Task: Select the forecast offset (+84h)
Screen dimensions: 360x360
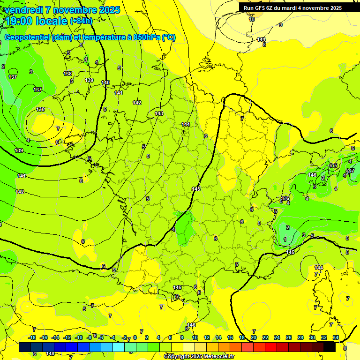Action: point(81,21)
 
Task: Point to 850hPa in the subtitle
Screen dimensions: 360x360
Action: point(144,37)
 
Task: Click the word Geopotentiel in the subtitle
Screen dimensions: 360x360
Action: point(27,37)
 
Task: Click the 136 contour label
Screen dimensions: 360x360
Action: point(41,109)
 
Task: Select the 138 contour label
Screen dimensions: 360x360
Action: point(68,74)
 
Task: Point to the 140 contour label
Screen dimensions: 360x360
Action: point(105,82)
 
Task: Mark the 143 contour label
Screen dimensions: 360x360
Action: point(159,113)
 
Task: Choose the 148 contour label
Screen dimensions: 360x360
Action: point(51,353)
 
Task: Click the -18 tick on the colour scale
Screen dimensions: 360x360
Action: point(32,337)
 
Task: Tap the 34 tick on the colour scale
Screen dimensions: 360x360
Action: point(336,337)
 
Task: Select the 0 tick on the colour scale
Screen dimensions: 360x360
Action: point(135,337)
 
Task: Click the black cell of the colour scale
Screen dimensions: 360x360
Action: point(330,347)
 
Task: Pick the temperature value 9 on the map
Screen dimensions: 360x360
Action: point(281,25)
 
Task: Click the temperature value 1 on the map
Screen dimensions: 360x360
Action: point(285,240)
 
